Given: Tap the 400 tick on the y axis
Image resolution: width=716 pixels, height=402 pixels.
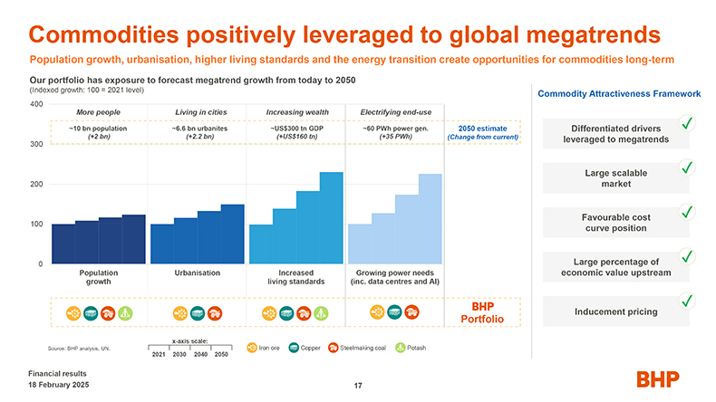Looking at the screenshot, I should coord(36,104).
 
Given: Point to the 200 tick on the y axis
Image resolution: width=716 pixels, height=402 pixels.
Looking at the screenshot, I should coord(36,184).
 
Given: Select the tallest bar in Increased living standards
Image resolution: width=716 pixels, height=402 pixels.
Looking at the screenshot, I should coord(332,217).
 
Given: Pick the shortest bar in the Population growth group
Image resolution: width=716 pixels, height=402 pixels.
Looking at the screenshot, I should coord(63,244).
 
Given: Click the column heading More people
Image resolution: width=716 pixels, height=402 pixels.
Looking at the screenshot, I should coord(99,112).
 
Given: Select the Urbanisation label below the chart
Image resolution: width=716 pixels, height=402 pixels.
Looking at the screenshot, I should coord(197,272).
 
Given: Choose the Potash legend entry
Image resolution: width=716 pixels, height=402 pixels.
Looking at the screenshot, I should coord(411,347).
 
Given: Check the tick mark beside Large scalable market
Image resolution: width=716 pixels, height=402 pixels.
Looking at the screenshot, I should coord(688,167).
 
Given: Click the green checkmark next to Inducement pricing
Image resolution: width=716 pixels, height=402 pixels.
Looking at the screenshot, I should coord(688,300).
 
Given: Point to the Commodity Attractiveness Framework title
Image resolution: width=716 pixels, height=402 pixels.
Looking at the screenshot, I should coord(619,93).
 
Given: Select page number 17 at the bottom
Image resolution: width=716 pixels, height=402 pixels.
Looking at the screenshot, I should coord(358,387).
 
